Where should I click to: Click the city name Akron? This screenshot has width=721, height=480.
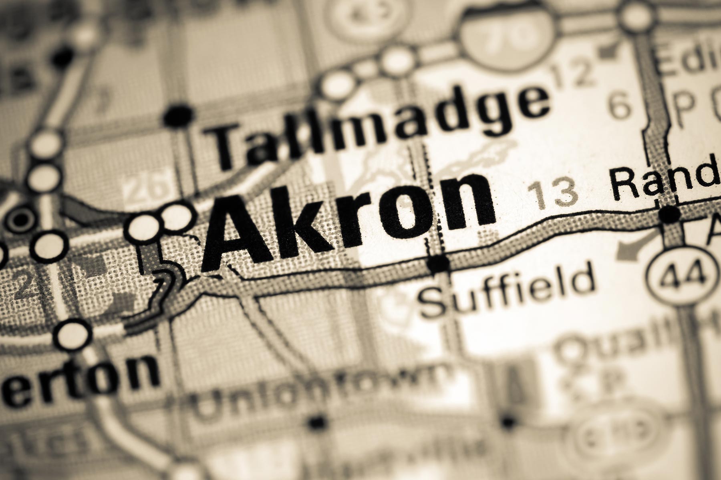(x=348, y=218)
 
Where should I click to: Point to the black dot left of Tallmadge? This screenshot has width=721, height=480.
(x=179, y=116)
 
